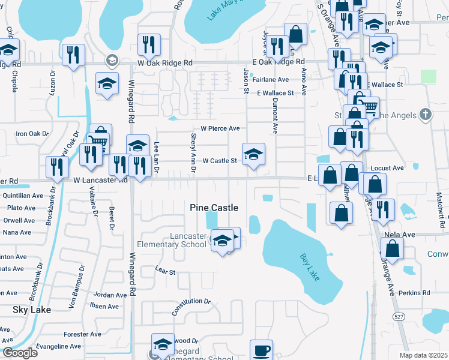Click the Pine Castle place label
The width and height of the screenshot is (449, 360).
point(214,208)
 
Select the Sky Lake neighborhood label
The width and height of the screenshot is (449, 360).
point(31,310)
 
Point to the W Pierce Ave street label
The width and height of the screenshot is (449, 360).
point(220,128)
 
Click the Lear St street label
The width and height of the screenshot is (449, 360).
point(165,272)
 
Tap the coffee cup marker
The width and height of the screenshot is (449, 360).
point(261,349)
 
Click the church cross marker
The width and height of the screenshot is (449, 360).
point(425,114)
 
